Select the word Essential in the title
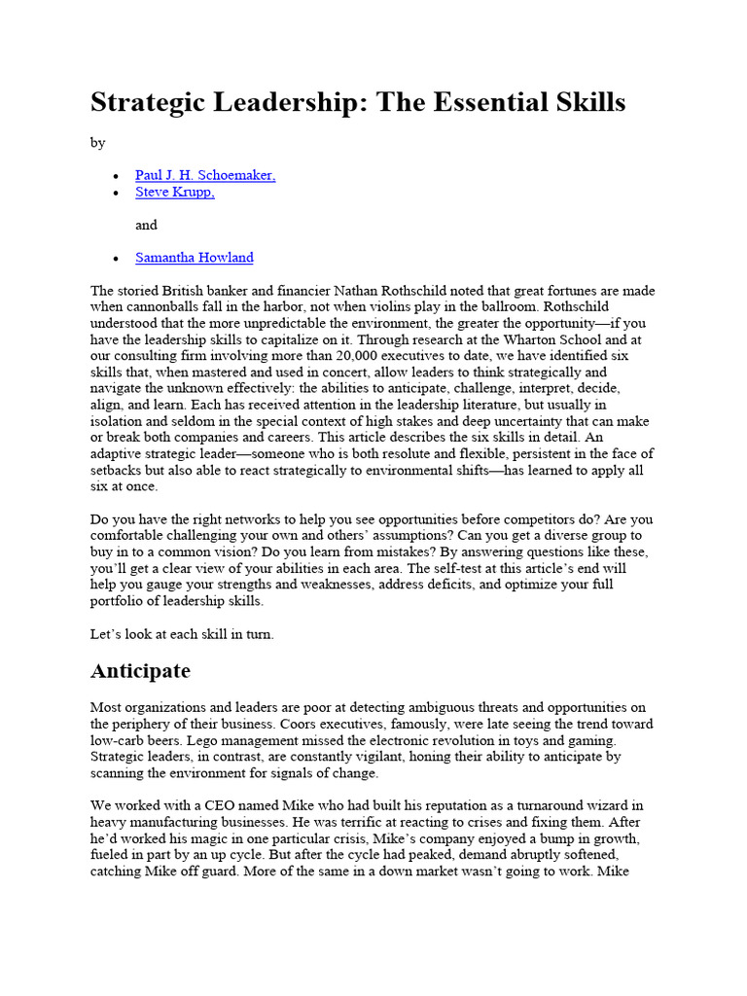[x=506, y=103]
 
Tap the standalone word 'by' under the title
[x=97, y=143]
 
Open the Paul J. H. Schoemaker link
[x=205, y=175]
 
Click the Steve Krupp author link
[x=175, y=193]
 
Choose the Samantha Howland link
[x=195, y=258]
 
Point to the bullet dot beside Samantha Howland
[x=116, y=259]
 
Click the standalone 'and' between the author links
[x=146, y=225]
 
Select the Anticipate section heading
[x=140, y=671]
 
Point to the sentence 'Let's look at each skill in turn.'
[x=182, y=634]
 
